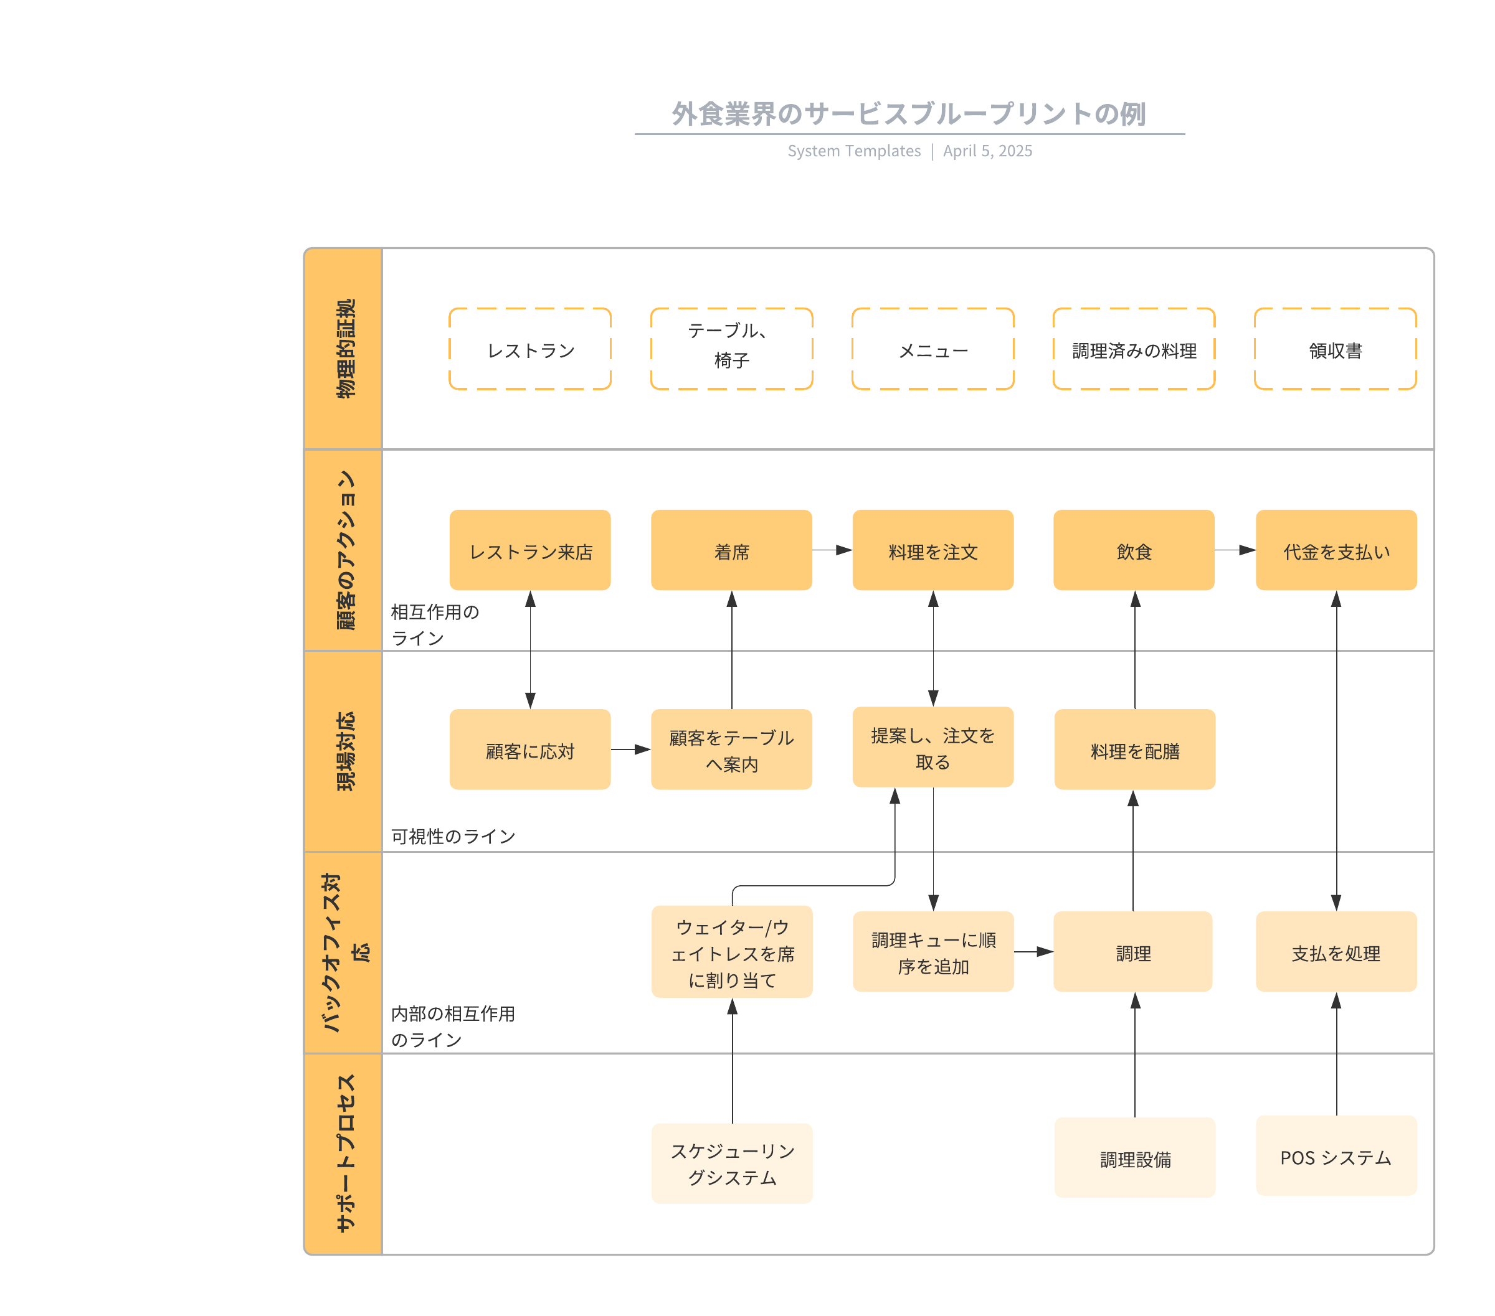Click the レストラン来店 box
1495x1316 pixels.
[529, 550]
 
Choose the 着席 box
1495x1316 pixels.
[731, 550]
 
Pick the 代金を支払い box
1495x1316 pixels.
[1336, 550]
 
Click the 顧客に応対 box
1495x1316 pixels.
[529, 749]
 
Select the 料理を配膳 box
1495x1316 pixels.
[1134, 749]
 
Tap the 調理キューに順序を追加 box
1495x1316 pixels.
[933, 951]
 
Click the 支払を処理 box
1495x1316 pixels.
[1336, 951]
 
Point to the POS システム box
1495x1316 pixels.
[1336, 1155]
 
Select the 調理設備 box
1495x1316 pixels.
[1134, 1157]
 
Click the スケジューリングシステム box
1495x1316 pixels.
[731, 1163]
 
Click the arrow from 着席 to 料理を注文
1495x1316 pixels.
[832, 550]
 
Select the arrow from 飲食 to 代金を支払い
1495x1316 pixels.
[1235, 550]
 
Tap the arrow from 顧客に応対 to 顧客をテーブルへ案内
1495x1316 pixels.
[630, 749]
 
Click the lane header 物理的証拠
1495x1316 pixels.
[344, 349]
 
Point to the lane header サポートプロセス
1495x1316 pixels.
[344, 1153]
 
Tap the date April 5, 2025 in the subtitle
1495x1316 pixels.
[987, 151]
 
